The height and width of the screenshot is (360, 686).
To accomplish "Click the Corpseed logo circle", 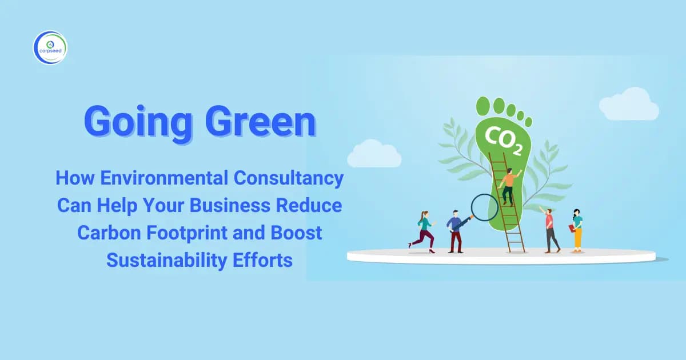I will pos(50,47).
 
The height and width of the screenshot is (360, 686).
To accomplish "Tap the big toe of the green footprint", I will pos(484,106).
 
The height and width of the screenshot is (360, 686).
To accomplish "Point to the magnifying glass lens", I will pos(484,207).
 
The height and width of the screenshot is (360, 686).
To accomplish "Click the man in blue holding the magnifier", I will pos(455,230).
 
